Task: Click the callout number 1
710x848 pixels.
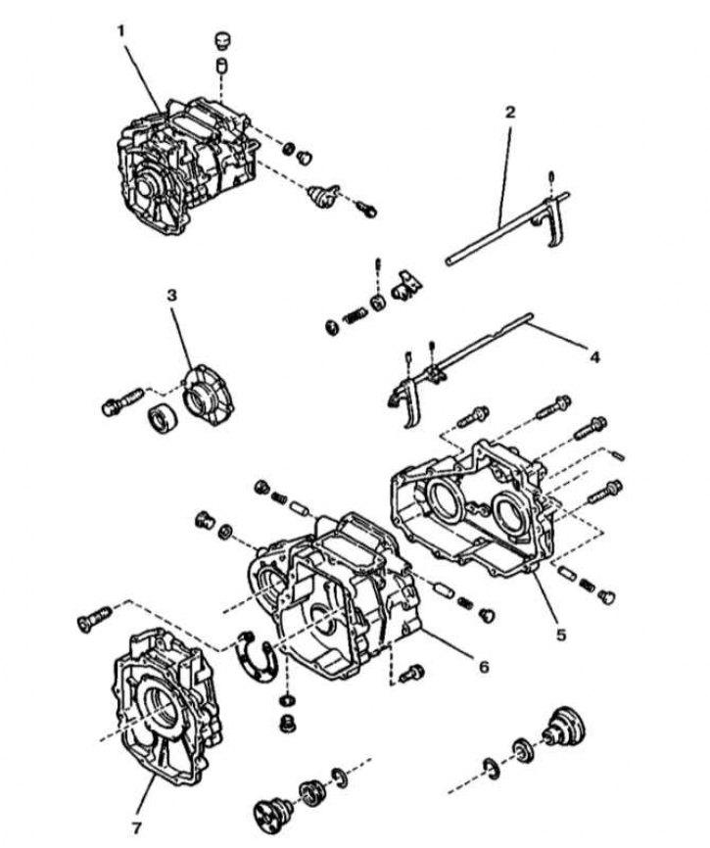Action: click(121, 30)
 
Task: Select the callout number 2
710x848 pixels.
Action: click(509, 112)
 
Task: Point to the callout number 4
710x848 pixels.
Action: click(593, 357)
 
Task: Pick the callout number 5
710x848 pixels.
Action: click(560, 635)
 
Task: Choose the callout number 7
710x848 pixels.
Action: click(138, 814)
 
